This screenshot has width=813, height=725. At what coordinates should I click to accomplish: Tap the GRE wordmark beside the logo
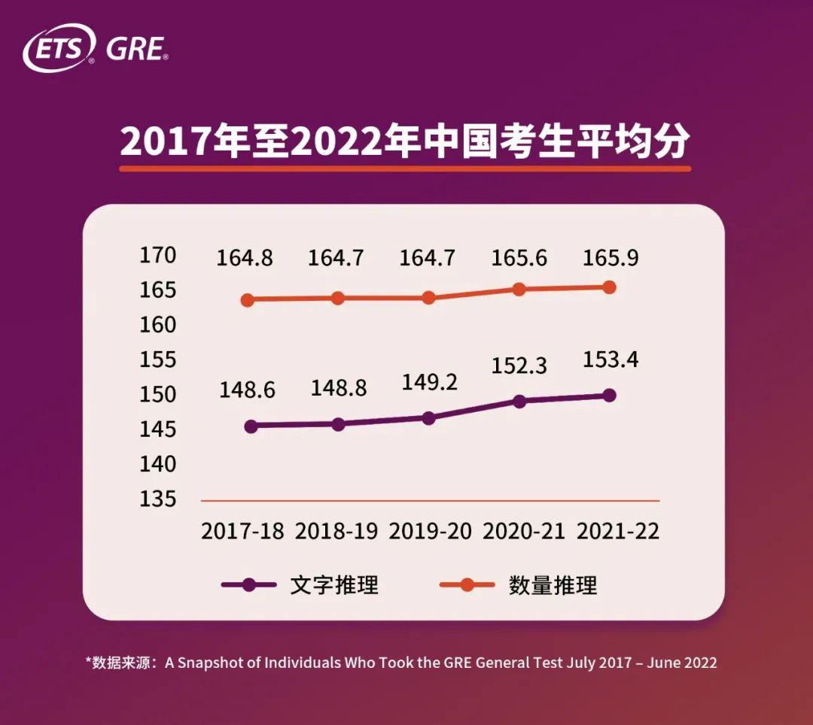pyautogui.click(x=135, y=49)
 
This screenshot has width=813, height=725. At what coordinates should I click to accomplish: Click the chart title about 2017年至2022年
pyautogui.click(x=405, y=141)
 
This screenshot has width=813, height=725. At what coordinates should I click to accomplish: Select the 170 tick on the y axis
pyautogui.click(x=158, y=256)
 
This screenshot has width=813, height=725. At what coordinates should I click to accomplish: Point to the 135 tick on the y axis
pyautogui.click(x=158, y=499)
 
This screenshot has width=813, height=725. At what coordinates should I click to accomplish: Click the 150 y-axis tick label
pyautogui.click(x=158, y=395)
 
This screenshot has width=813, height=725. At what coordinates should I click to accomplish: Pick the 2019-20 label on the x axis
pyautogui.click(x=430, y=531)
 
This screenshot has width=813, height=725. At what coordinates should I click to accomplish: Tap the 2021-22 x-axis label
pyautogui.click(x=618, y=531)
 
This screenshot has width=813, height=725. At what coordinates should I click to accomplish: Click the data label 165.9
pyautogui.click(x=611, y=259)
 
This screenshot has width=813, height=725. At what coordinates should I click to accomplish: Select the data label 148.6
pyautogui.click(x=247, y=390)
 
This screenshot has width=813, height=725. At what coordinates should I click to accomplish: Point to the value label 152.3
pyautogui.click(x=519, y=366)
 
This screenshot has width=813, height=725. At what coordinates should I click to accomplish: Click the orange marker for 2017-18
pyautogui.click(x=247, y=300)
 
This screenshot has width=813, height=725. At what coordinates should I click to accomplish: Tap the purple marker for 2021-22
pyautogui.click(x=610, y=395)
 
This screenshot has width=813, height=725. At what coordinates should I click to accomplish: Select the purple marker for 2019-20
pyautogui.click(x=428, y=418)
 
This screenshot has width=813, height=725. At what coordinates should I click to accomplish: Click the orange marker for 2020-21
pyautogui.click(x=519, y=289)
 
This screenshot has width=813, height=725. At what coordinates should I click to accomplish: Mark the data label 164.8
pyautogui.click(x=245, y=259)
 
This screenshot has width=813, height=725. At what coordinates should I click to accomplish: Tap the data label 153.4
pyautogui.click(x=611, y=360)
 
